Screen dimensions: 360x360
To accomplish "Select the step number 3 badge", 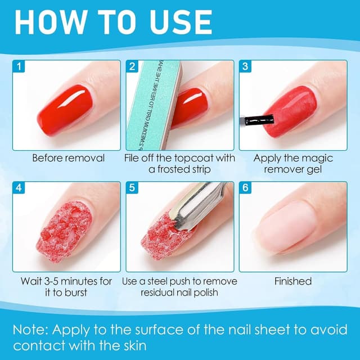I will click(245, 67).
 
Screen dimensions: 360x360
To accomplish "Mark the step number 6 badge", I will click(245, 188).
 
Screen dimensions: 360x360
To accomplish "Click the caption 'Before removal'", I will click(68, 158).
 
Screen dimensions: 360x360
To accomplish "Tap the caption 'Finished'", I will click(292, 281).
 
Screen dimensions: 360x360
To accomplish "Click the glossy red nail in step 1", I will click(62, 106).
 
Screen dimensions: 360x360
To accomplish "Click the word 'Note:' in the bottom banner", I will click(35, 330).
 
